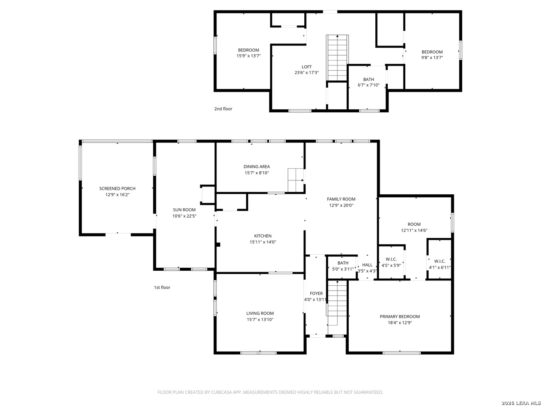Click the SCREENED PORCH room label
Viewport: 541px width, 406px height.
[117, 189]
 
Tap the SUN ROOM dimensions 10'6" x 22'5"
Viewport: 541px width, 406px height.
[184, 216]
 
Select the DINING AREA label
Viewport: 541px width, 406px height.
[257, 167]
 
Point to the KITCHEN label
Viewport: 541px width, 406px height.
[263, 236]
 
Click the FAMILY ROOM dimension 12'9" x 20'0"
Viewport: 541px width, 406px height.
[341, 205]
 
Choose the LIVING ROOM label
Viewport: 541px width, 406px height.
[260, 313]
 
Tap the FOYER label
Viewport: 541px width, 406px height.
[316, 293]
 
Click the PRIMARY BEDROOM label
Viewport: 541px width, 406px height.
[399, 317]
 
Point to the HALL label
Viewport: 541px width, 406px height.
[367, 265]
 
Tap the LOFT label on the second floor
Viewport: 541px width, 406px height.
[307, 67]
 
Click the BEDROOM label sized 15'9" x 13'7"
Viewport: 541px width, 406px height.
[248, 50]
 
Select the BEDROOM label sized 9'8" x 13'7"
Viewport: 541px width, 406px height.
[432, 52]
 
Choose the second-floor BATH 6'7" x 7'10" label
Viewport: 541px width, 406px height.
[369, 80]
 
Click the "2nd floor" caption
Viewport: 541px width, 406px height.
[223, 109]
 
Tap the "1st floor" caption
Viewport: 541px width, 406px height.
[162, 288]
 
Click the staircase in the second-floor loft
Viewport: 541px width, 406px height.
[337, 58]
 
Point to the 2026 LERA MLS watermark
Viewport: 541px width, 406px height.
[521, 403]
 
